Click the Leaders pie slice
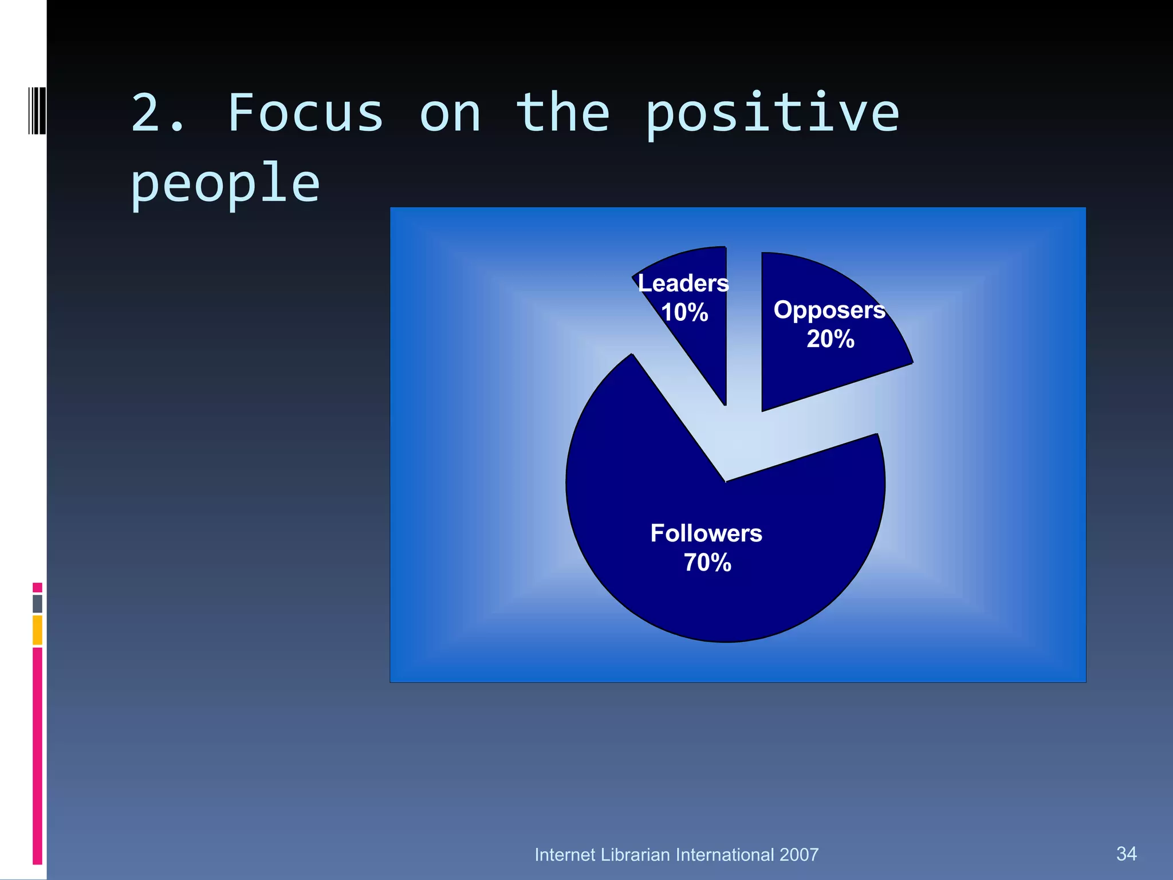tap(702, 344)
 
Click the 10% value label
tap(684, 313)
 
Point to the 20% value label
tap(830, 339)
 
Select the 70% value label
tap(707, 563)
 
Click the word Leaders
tap(683, 284)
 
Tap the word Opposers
tap(829, 310)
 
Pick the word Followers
tap(706, 533)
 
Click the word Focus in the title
tap(305, 113)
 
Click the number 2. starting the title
tap(158, 113)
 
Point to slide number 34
tap(1126, 854)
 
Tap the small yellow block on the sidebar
tap(37, 630)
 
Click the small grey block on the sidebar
tap(37, 603)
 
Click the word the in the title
tap(562, 113)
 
